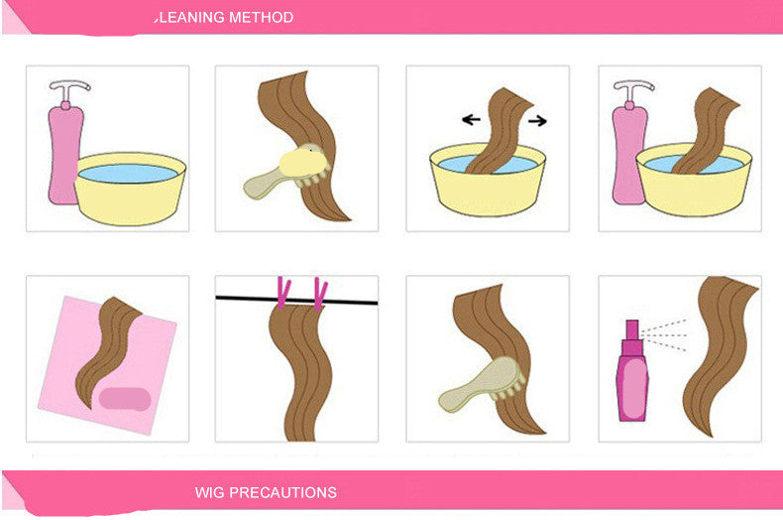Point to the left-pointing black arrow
472,120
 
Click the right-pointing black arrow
537,120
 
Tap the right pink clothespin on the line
319,292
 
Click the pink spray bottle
630,376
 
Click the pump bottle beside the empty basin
64,149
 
